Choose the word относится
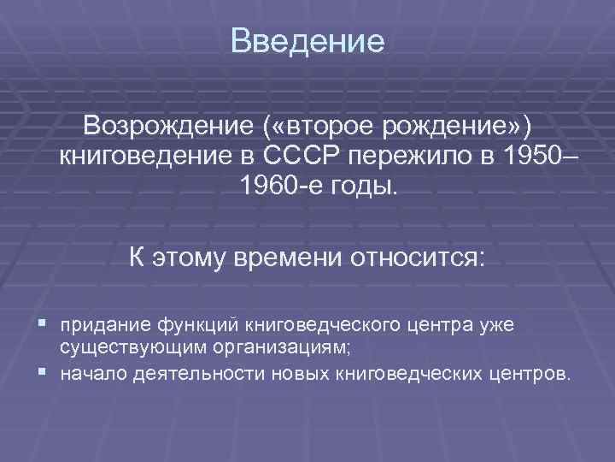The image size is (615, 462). pos(417,256)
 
